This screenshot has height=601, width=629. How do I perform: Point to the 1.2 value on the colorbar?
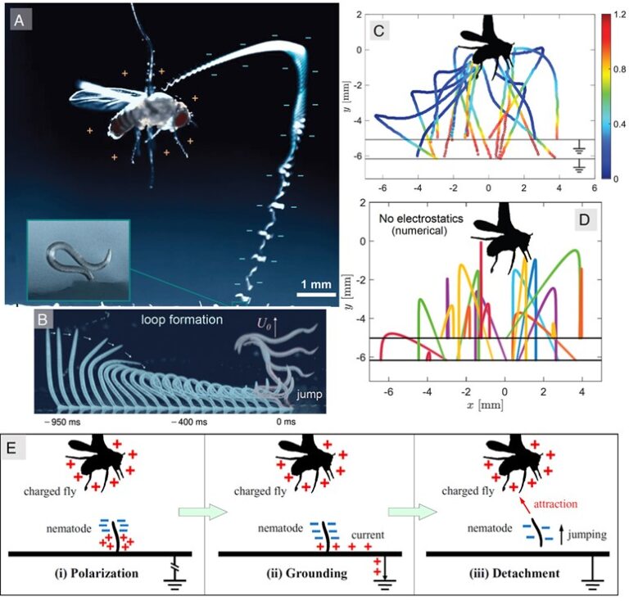click(609, 16)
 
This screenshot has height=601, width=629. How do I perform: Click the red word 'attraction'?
click(557, 508)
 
